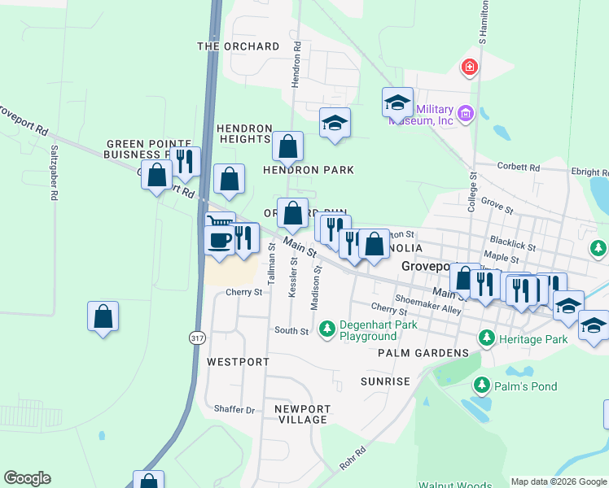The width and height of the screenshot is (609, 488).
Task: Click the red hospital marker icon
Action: click(470, 67)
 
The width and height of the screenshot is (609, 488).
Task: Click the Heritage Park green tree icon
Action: click(486, 337)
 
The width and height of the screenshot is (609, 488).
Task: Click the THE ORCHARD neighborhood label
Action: click(239, 46)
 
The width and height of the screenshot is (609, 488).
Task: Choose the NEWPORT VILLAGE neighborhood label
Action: click(301, 414)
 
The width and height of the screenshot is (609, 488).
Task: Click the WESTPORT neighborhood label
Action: click(238, 360)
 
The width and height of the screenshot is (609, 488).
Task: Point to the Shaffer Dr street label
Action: click(234, 409)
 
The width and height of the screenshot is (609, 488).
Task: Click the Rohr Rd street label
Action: click(353, 457)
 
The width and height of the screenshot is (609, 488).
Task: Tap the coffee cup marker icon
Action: click(219, 240)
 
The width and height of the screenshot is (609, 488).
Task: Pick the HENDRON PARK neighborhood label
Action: click(309, 170)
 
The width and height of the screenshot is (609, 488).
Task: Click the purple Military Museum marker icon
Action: click(466, 112)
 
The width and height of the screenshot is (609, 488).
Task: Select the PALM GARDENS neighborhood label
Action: click(423, 353)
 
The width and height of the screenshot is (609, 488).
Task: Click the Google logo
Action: click(28, 478)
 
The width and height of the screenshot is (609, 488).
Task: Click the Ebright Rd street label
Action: click(589, 172)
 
